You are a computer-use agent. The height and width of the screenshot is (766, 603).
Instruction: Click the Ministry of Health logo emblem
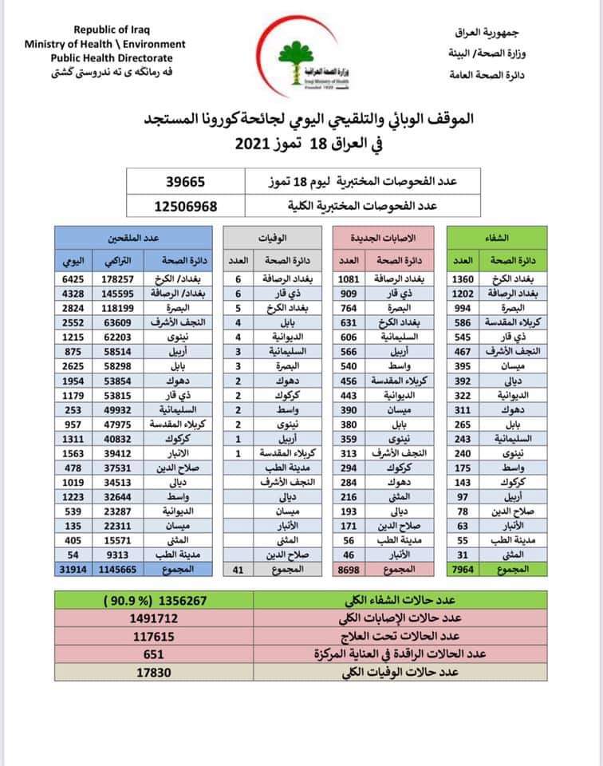(301, 53)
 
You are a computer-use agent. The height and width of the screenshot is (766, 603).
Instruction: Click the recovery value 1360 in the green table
(463, 280)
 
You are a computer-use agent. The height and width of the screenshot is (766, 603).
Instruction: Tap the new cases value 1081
(348, 280)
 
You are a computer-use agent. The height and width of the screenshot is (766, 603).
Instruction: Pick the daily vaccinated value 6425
(73, 280)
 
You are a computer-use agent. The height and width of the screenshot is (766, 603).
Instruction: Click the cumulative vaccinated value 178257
(115, 280)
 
